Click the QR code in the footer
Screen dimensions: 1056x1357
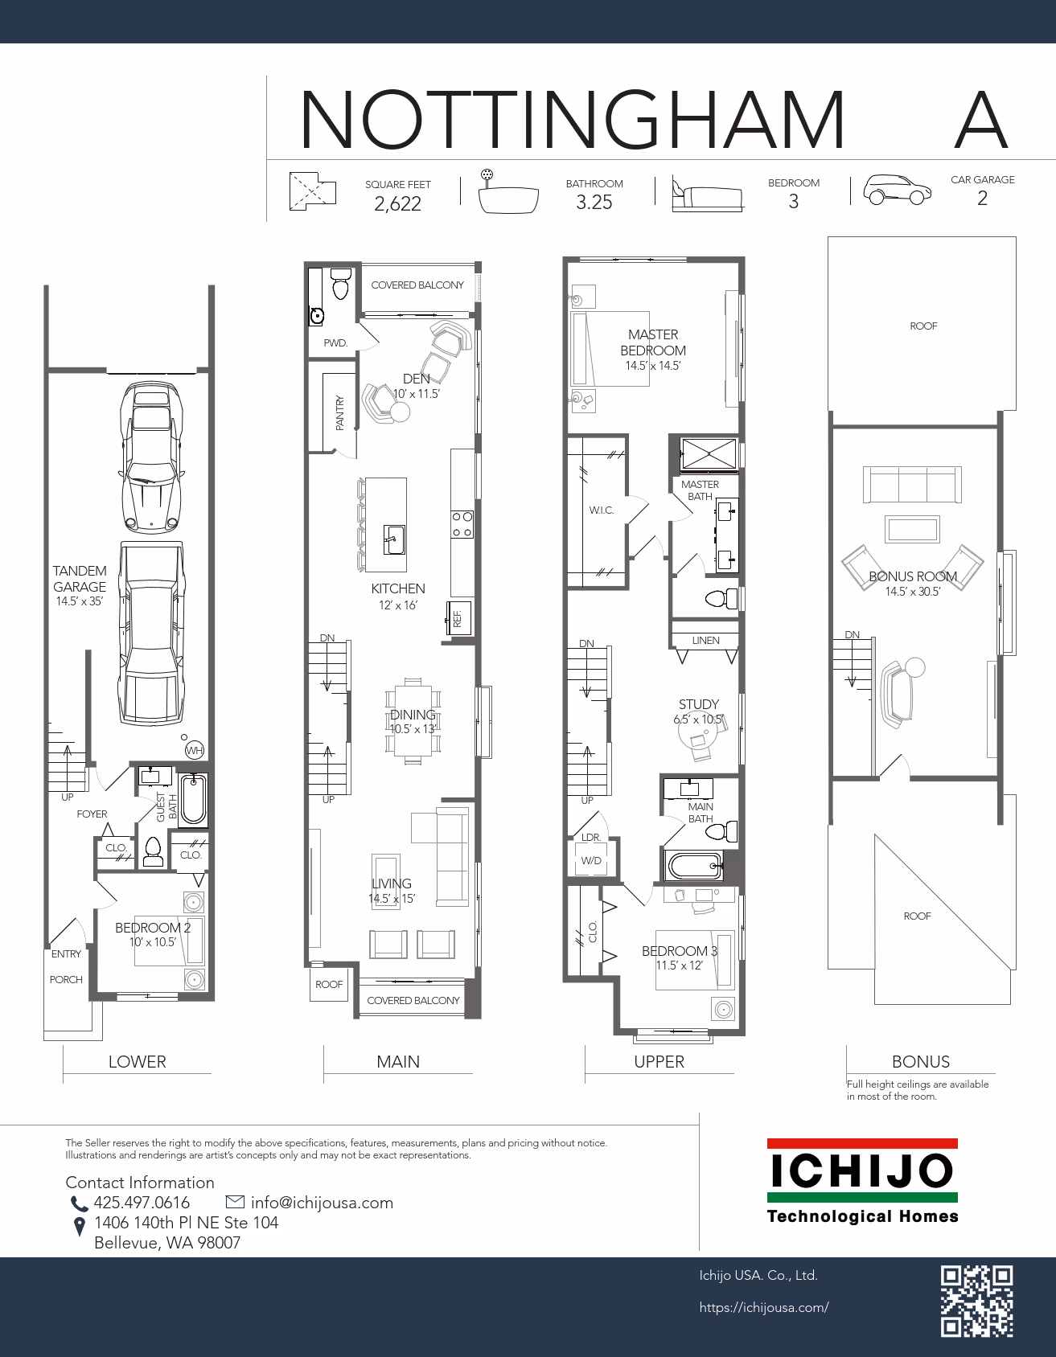tap(977, 1301)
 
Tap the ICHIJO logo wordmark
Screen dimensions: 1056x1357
tap(862, 1170)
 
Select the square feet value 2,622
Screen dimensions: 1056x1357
tap(397, 203)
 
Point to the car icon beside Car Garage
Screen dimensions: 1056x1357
tap(898, 190)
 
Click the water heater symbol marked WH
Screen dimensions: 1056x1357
tap(194, 750)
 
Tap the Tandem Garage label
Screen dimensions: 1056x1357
tap(80, 579)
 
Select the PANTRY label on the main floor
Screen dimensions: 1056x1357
tap(340, 412)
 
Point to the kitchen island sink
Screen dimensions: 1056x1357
tap(394, 539)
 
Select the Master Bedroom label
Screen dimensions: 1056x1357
tap(653, 342)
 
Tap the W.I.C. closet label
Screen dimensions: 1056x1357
tap(601, 510)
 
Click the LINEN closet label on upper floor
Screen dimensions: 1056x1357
tap(705, 641)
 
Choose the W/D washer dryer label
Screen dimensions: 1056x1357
tap(591, 861)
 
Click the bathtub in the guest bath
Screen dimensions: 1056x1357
tap(193, 799)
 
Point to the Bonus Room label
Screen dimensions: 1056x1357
tap(913, 576)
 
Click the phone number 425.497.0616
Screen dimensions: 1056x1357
tap(142, 1203)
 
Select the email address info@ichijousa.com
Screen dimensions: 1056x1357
tap(322, 1203)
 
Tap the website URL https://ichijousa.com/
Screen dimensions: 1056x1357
tap(764, 1307)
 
